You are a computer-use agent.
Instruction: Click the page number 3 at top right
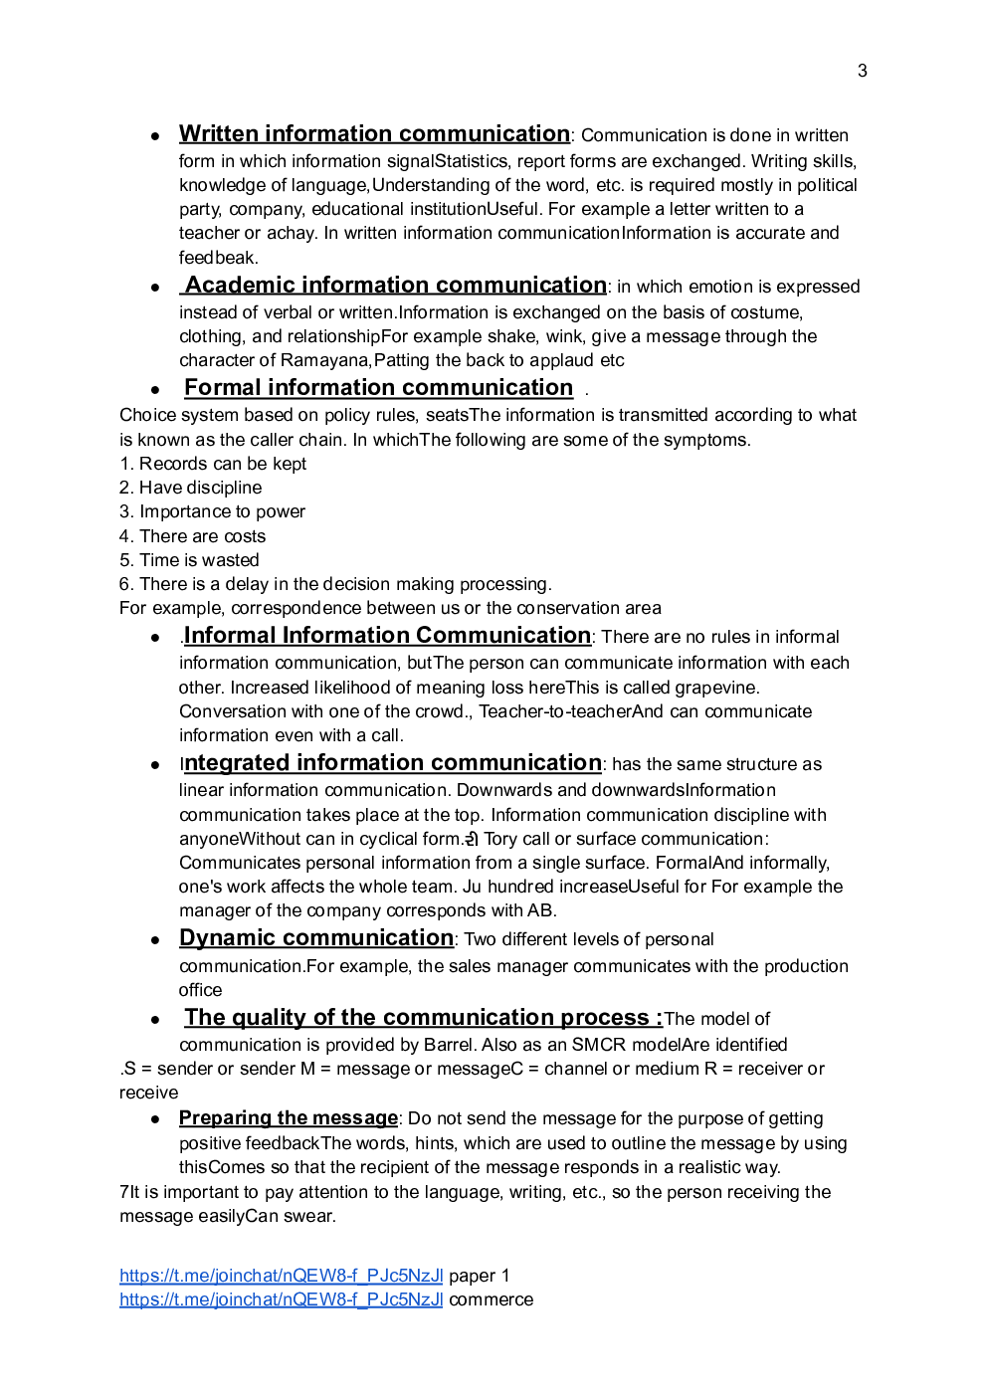(862, 71)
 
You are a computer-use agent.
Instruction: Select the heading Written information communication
(374, 133)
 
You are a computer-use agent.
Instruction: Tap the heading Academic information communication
(394, 286)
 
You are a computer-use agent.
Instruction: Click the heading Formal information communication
(378, 388)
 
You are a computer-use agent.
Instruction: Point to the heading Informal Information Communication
(387, 636)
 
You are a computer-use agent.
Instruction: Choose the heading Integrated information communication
(392, 763)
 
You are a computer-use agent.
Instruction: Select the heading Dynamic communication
(316, 938)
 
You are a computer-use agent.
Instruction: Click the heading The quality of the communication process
(422, 1018)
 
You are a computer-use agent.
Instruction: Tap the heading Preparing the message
(288, 1118)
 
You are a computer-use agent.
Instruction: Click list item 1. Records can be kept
(213, 464)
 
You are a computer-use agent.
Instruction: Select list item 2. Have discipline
(191, 488)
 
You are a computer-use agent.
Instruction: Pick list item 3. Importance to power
(212, 511)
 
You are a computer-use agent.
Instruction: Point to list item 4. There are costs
(193, 536)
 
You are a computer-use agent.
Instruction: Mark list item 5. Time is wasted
(189, 560)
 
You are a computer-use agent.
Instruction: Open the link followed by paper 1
(281, 1276)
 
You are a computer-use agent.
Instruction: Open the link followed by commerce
(281, 1299)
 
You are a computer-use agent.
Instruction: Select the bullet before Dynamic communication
(155, 940)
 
